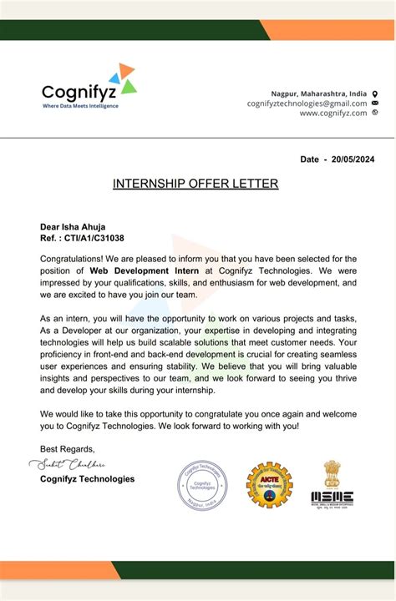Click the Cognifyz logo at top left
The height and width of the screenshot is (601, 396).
click(x=89, y=84)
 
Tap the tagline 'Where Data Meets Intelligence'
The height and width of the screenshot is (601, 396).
click(x=80, y=106)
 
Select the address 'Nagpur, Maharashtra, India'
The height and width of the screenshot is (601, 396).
click(x=318, y=93)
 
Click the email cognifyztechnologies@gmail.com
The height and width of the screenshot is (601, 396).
click(x=307, y=104)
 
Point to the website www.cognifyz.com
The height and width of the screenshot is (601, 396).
click(x=333, y=114)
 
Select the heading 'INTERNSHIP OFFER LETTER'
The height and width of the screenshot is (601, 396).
click(x=195, y=184)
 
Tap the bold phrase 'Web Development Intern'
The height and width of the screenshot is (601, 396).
click(x=148, y=270)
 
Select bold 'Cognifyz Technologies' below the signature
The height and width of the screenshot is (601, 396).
click(x=87, y=479)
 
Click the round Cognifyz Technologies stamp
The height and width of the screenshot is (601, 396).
click(x=201, y=486)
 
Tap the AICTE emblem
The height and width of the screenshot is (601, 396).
click(x=269, y=486)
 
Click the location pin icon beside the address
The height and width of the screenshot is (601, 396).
click(x=375, y=93)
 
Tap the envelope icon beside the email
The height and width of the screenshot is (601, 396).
click(x=375, y=104)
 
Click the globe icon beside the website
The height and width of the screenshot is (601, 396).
click(x=375, y=113)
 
